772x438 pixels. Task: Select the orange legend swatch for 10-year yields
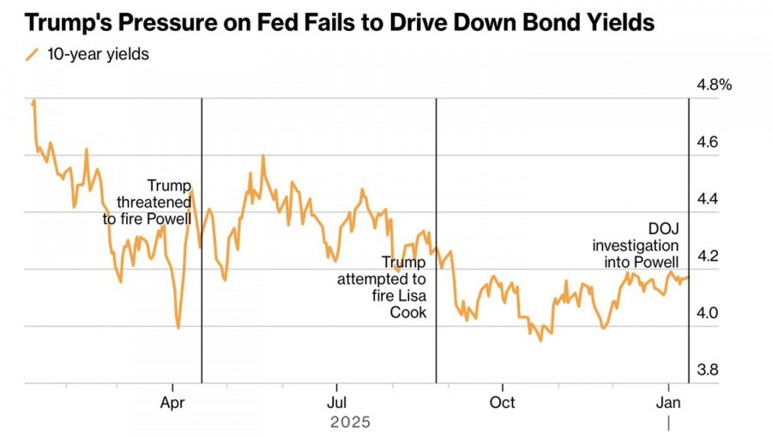coord(33,55)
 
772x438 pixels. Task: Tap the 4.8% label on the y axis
coord(714,85)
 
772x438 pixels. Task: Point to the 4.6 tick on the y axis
coord(709,143)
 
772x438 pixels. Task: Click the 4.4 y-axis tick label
coord(709,199)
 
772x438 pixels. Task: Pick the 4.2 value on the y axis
coord(709,256)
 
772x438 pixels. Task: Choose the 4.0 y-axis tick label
coord(709,313)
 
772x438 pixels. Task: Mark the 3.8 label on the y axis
coord(709,370)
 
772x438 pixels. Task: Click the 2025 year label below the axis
coord(350,423)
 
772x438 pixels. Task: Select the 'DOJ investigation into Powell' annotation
coord(636,245)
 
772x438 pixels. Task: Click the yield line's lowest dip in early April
coord(178,327)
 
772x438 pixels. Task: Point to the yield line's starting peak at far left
coord(33,101)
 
